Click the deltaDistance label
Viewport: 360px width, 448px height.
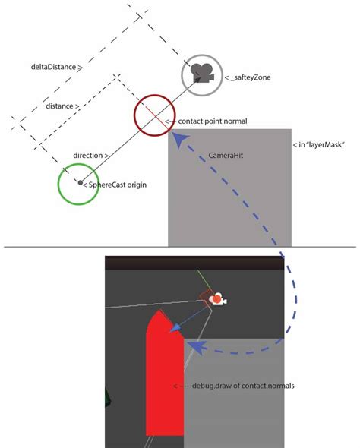click(53, 67)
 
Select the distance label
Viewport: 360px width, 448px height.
click(59, 106)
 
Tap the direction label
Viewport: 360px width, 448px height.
click(88, 156)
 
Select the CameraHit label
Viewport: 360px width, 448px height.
click(226, 156)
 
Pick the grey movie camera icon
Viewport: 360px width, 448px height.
click(202, 73)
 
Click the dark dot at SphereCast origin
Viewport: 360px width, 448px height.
click(81, 182)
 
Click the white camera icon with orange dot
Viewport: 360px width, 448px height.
click(218, 299)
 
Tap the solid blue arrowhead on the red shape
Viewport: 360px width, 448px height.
click(174, 327)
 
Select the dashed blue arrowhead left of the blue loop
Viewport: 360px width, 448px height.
click(197, 346)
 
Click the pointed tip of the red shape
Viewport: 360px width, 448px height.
click(159, 310)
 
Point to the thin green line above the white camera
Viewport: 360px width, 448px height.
click(204, 279)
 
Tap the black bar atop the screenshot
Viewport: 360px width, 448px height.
click(194, 263)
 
